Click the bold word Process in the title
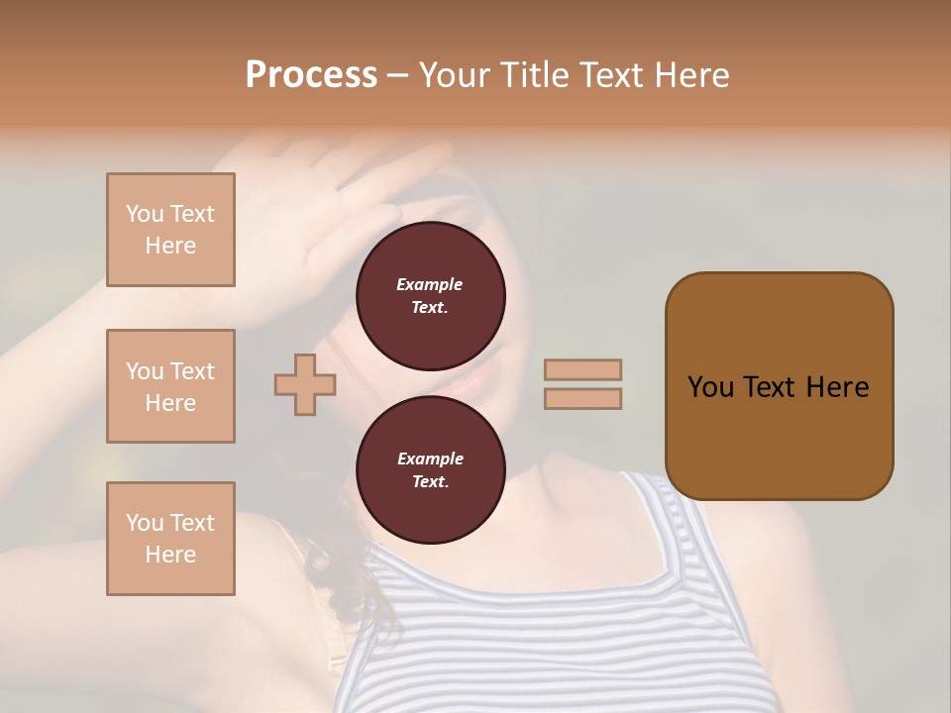point(311,75)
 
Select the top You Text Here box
point(170,230)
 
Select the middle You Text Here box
point(170,386)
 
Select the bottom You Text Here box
point(170,538)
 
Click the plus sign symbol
point(305,384)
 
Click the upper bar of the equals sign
point(582,369)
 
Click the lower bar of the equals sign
point(582,398)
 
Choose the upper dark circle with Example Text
point(430,295)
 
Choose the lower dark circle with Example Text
point(430,469)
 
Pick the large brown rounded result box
point(779,386)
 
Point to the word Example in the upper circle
point(430,284)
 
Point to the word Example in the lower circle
point(430,458)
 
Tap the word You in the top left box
point(145,214)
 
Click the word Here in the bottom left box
point(170,555)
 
